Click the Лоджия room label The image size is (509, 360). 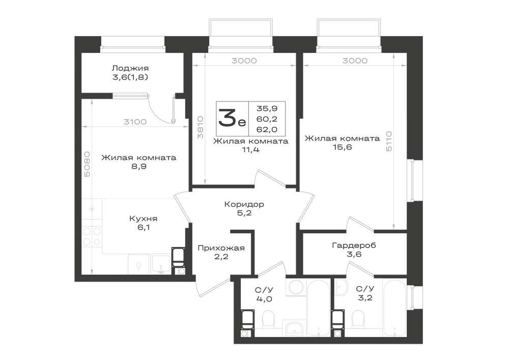(x=130, y=68)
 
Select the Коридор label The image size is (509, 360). (x=244, y=204)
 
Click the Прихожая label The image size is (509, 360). (x=221, y=248)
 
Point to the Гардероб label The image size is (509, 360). (x=354, y=245)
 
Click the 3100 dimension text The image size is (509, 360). (x=135, y=122)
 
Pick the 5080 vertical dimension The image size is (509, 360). (x=88, y=164)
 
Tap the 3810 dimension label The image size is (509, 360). (x=200, y=128)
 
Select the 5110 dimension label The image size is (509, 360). (x=389, y=141)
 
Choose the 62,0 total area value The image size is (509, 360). (x=267, y=129)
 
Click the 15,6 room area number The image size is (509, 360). (x=342, y=147)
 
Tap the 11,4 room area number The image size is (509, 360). (x=250, y=150)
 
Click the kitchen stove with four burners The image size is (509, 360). (x=92, y=236)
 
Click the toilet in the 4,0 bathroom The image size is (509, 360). (x=268, y=318)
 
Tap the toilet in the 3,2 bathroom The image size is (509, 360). (x=358, y=318)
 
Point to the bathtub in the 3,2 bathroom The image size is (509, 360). (x=394, y=308)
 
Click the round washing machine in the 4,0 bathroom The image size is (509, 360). (x=296, y=287)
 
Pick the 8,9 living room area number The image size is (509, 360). (x=138, y=167)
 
